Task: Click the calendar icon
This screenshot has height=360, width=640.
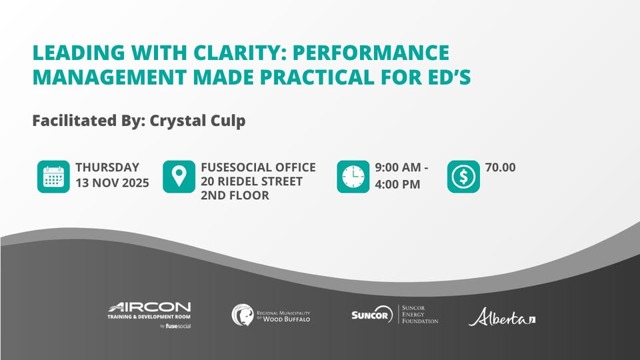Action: pyautogui.click(x=53, y=177)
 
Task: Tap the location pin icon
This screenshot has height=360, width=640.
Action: pyautogui.click(x=179, y=177)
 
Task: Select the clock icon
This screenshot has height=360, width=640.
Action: pyautogui.click(x=353, y=177)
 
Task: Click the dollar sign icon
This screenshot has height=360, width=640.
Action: pyautogui.click(x=463, y=177)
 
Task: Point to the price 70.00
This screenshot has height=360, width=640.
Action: pyautogui.click(x=501, y=167)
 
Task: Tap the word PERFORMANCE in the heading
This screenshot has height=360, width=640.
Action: pyautogui.click(x=371, y=53)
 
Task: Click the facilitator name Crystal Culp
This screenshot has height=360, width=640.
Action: pyautogui.click(x=197, y=121)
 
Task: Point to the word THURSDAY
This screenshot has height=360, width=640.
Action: pyautogui.click(x=107, y=167)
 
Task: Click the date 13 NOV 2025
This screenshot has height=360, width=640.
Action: pyautogui.click(x=112, y=183)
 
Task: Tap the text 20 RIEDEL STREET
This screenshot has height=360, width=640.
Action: pyautogui.click(x=251, y=181)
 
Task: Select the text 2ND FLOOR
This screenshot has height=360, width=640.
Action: pyautogui.click(x=235, y=195)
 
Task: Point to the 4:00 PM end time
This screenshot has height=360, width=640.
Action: pyautogui.click(x=397, y=185)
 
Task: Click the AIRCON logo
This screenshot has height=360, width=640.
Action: pyautogui.click(x=149, y=315)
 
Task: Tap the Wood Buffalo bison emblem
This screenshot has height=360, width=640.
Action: pyautogui.click(x=243, y=315)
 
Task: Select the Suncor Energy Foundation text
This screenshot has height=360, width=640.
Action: pyautogui.click(x=420, y=314)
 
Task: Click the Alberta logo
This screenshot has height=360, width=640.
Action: pyautogui.click(x=502, y=317)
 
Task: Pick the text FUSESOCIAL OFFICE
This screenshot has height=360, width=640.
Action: pyautogui.click(x=259, y=167)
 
